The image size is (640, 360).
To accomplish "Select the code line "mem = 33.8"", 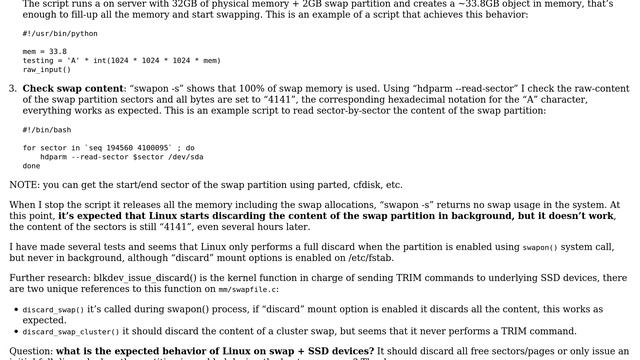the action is point(45,52).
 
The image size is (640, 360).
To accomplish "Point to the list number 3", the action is point(12,89).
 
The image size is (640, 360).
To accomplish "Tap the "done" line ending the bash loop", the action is point(31,165).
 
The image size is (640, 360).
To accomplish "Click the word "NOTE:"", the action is point(25,185).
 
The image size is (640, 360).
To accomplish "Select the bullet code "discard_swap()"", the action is point(52,310).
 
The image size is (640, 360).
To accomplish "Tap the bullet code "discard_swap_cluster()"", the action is point(70,331).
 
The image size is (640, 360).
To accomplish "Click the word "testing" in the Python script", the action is point(38,61).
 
